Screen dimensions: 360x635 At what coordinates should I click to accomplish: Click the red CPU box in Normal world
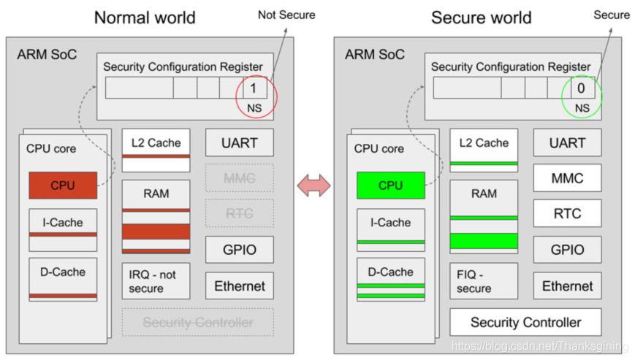[63, 185]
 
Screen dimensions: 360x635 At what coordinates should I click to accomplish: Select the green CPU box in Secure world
[390, 185]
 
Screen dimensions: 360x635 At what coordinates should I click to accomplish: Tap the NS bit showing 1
[254, 88]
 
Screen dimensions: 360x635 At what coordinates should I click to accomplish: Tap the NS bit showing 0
[582, 88]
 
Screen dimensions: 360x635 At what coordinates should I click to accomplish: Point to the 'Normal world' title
[145, 17]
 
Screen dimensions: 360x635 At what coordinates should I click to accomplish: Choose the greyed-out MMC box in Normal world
[240, 178]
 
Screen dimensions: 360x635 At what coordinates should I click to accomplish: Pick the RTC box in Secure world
[567, 213]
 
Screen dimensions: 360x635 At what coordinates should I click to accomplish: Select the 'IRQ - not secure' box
[156, 281]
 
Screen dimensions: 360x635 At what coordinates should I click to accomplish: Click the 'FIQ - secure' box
[483, 281]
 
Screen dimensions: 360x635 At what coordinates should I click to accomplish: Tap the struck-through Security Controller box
[197, 322]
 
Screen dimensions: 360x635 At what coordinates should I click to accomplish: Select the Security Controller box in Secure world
[525, 322]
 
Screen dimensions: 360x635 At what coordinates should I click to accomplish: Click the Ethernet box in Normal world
[240, 286]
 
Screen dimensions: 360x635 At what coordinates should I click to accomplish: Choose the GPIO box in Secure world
[567, 250]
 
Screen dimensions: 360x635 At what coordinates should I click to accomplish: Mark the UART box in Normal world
[240, 142]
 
